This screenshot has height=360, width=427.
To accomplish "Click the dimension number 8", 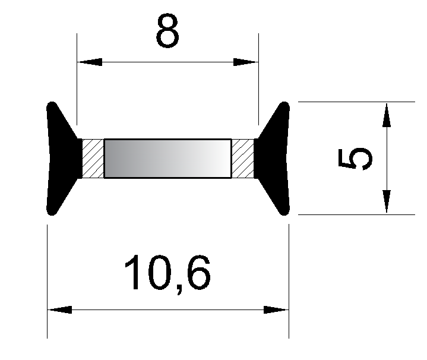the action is tap(167, 30).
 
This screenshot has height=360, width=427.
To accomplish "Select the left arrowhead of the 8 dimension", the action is tap(90, 62).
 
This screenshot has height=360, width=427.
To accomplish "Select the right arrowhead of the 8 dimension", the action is tap(246, 62).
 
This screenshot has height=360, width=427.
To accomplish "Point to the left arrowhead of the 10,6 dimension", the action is tap(59, 310).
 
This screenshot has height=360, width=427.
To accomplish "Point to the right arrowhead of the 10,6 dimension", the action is tap(276, 310).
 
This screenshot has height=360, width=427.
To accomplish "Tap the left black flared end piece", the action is tap(64, 159).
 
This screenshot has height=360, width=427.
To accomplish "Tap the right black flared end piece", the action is tap(272, 159).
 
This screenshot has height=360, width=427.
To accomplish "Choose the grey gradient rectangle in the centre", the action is tap(167, 159).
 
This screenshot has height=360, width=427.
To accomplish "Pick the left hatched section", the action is tap(93, 159).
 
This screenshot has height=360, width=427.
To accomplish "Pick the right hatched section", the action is tap(243, 159).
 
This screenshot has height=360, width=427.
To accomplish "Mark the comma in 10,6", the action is tap(179, 290).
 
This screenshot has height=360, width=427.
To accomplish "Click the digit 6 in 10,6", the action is tap(199, 273).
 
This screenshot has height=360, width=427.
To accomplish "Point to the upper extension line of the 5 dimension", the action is tap(356, 102).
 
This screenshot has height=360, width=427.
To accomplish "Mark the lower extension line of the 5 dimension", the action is tap(356, 214).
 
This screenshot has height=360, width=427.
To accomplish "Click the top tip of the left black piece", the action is tap(52, 102).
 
